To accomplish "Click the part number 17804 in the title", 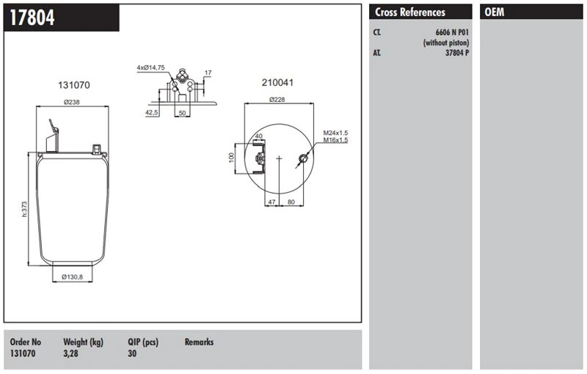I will (x=32, y=18).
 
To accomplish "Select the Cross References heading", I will (x=410, y=12).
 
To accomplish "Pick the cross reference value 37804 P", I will (x=456, y=53).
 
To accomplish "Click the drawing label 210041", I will (x=277, y=82).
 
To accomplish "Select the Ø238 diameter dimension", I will (x=71, y=102).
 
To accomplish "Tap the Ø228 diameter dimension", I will (x=277, y=99).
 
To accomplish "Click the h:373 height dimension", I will (x=24, y=209).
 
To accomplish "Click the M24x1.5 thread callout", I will (x=335, y=133).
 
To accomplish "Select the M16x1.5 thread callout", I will (x=335, y=140).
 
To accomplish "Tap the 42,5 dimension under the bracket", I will (x=152, y=113).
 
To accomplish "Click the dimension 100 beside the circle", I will (x=231, y=157).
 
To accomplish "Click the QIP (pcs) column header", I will (x=143, y=342).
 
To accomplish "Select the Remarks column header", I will (x=199, y=342).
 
